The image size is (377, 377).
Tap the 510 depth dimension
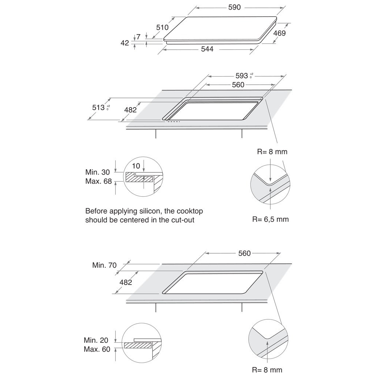[x=162, y=27]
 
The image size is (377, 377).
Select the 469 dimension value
[x=279, y=33]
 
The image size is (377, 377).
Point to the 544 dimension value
[x=207, y=49]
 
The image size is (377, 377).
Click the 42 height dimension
[x=125, y=43]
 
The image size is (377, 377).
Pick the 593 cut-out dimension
[x=242, y=75]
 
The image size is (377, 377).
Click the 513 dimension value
[x=98, y=108]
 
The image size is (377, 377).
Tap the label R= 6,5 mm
[x=270, y=219]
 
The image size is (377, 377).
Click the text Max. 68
[x=98, y=182]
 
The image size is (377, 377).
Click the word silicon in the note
[x=144, y=211]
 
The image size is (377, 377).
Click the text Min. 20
[x=96, y=341]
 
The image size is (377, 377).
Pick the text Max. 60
[x=97, y=349]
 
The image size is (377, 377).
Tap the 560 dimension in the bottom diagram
[x=244, y=253]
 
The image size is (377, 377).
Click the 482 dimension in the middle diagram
[x=130, y=109]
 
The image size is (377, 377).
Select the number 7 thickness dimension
[x=138, y=36]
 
